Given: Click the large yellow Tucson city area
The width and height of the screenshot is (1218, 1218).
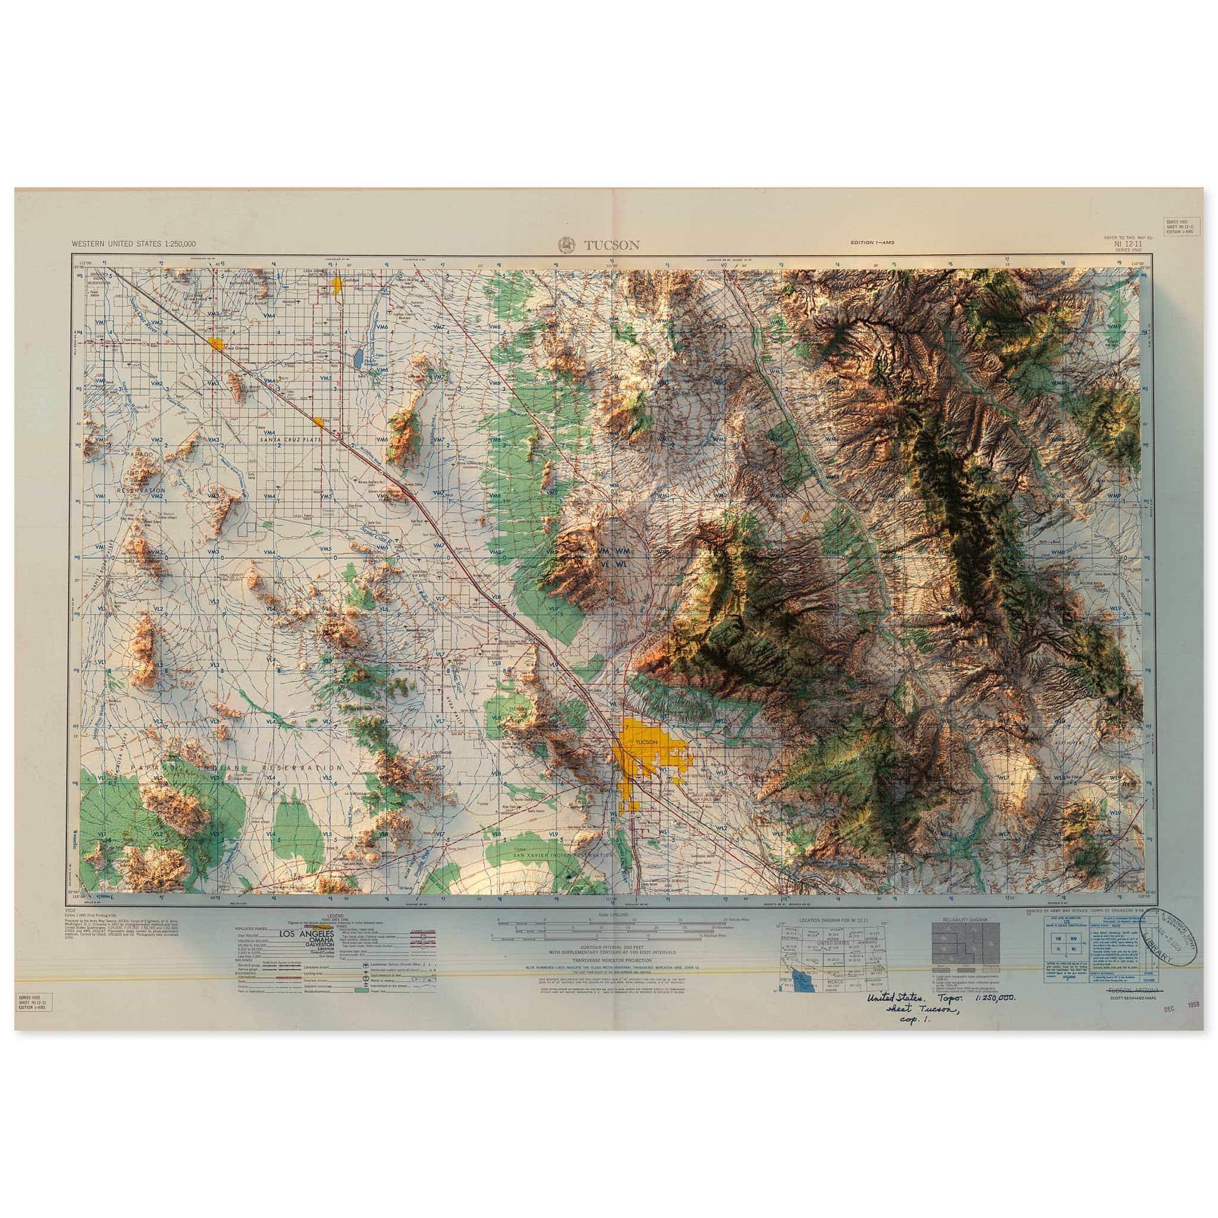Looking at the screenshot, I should coord(649,764).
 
